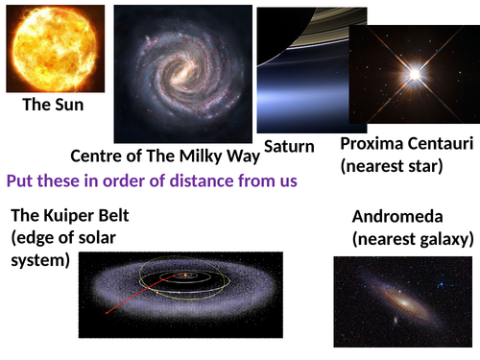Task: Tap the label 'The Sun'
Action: (53, 107)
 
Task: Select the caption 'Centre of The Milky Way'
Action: (165, 156)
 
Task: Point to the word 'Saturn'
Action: (289, 146)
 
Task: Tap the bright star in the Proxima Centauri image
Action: (415, 73)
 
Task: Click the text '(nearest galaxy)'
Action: (410, 237)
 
